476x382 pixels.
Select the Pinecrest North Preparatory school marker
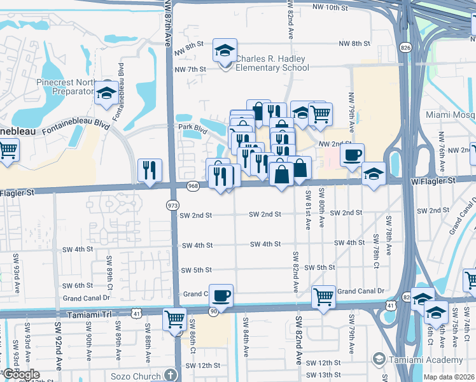(106, 93)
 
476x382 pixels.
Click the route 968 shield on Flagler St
(193, 185)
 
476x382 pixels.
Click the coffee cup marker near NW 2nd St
(352, 155)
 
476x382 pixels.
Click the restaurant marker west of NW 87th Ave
(150, 170)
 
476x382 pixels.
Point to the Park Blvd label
(193, 128)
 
